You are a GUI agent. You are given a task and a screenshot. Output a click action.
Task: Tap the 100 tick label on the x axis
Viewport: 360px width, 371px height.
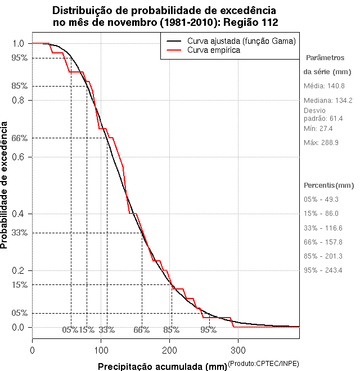101,350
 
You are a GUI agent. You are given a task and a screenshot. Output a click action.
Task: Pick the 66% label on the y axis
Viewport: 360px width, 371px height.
20,138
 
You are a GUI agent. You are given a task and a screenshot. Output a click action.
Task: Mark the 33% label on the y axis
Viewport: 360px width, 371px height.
20,233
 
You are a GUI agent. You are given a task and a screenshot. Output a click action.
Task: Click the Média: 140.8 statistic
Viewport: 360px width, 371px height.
324,86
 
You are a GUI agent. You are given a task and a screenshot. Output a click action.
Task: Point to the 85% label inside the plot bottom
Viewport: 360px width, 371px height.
171,330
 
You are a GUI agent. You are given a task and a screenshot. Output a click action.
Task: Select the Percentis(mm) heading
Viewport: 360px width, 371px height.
329,185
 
